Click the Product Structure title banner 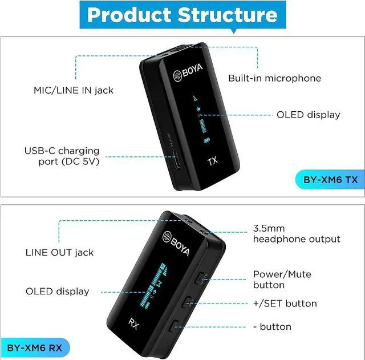point(182,15)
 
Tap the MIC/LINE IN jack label point(73,90)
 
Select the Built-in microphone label point(274,79)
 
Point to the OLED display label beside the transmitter point(308,115)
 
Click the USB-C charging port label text point(62,156)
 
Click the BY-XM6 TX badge point(330,180)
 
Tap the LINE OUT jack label point(59,252)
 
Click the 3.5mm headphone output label point(297,234)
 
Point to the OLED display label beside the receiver point(57,292)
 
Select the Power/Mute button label point(282,280)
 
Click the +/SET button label point(285,304)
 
